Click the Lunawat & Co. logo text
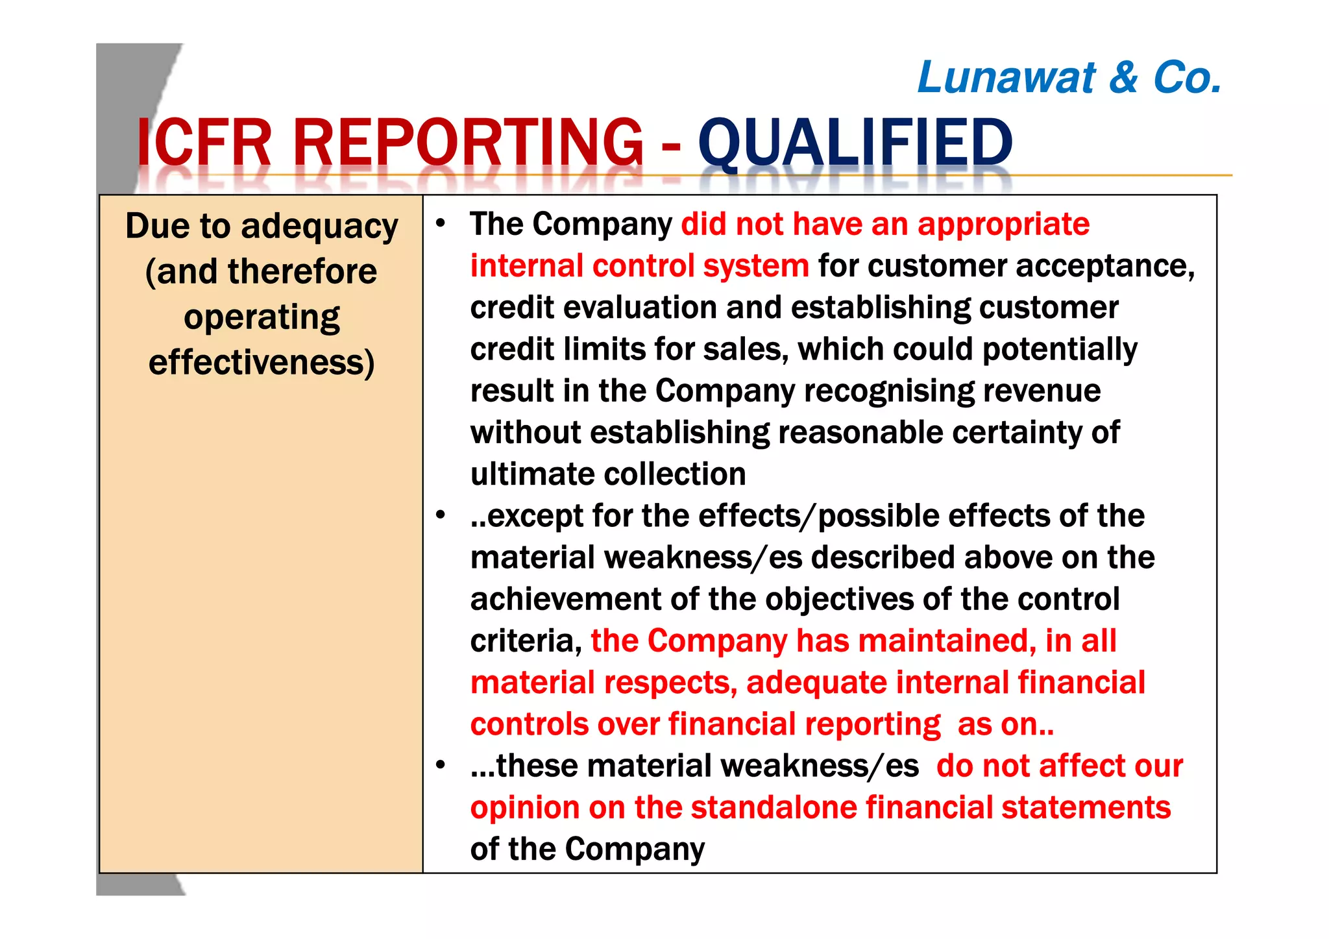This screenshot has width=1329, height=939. coord(1069,78)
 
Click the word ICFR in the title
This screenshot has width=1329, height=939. coord(203,142)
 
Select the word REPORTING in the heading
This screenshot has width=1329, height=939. coord(468,142)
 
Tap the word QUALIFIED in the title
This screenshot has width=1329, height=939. coord(855,142)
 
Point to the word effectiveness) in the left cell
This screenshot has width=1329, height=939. coord(262,362)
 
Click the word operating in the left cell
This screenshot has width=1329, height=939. coord(262,317)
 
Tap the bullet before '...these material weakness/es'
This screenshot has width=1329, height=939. coord(441,766)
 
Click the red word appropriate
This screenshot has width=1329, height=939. coord(1003,225)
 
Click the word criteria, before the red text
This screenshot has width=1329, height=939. coord(526,641)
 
